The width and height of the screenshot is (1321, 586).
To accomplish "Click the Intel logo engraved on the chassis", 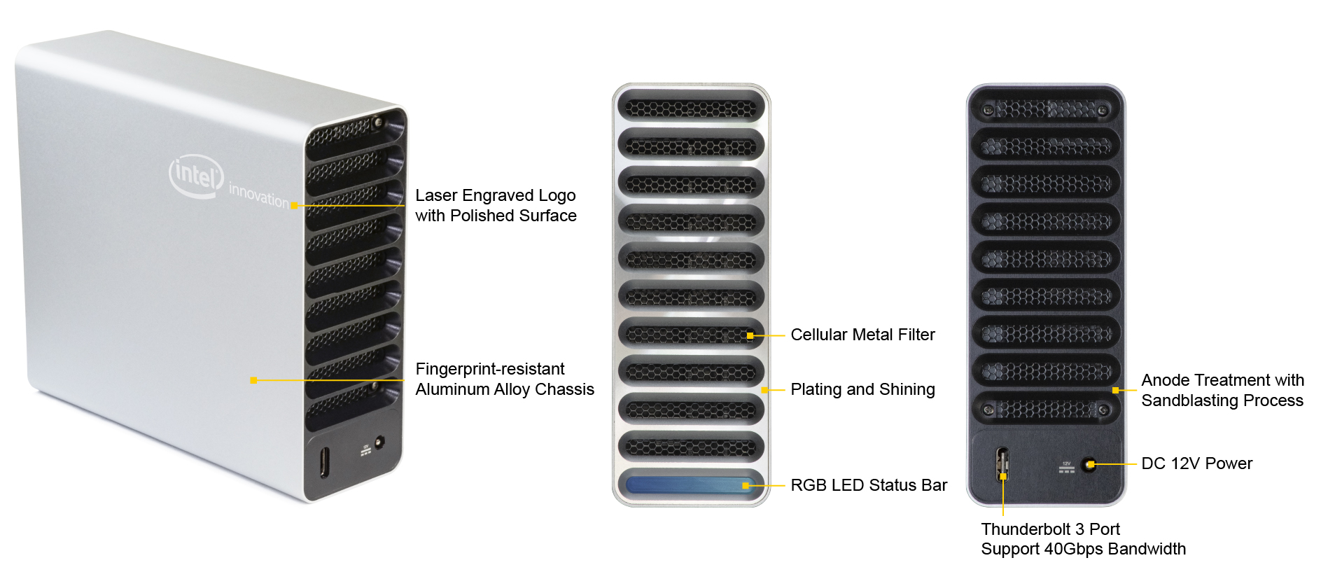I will tap(196, 175).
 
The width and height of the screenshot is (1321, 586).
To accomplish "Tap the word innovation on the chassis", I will tap(258, 195).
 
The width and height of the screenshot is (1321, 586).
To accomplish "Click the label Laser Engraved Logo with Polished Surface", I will tap(496, 205).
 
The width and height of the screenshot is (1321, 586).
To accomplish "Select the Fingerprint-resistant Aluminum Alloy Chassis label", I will tap(504, 379).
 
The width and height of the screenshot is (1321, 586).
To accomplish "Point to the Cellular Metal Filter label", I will tap(862, 335).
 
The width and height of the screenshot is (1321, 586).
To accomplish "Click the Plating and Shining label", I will tap(862, 389).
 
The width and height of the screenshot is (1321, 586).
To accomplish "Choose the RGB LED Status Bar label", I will tap(868, 485).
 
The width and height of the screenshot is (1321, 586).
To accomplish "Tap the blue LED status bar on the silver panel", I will tap(690, 484).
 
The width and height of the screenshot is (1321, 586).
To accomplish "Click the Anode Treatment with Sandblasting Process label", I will tap(1222, 390).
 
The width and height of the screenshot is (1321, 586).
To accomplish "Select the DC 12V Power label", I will tap(1196, 463).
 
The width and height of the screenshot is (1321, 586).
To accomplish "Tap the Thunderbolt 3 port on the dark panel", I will tap(1002, 464).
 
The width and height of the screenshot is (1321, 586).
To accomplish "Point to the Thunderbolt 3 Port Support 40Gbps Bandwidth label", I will tap(1083, 539).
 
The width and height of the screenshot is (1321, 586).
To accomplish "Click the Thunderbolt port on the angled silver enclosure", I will tap(323, 461).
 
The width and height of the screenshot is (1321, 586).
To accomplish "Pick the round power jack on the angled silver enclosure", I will tap(379, 442).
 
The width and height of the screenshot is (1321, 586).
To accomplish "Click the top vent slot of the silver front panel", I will tap(691, 108).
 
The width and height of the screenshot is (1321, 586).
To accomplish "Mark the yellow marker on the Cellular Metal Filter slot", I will tap(750, 336).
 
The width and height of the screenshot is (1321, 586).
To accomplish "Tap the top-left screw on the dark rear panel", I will tap(988, 110).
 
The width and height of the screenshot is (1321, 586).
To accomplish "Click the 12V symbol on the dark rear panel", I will tap(1066, 467).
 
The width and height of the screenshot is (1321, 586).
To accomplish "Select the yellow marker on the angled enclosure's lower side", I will tap(253, 380).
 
